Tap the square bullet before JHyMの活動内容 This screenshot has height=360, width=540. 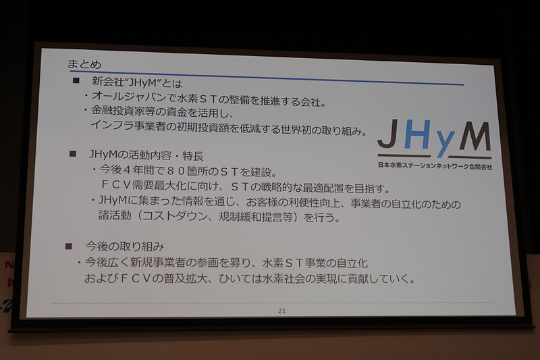73,154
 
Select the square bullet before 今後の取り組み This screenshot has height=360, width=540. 67,245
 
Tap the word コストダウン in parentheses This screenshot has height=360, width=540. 183,217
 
